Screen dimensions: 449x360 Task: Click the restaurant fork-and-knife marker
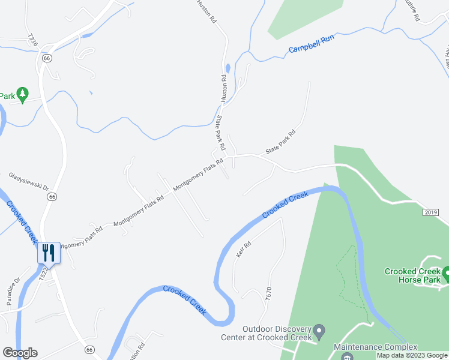(49, 253)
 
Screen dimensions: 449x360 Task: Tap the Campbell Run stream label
(311, 44)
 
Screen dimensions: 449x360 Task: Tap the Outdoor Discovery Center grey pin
(319, 331)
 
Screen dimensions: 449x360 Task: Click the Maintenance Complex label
(375, 347)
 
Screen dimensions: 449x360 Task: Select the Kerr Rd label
(243, 250)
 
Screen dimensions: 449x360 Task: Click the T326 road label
(32, 40)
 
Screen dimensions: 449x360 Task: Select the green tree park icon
(22, 94)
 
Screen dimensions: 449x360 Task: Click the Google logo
(20, 353)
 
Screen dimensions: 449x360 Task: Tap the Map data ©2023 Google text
(412, 355)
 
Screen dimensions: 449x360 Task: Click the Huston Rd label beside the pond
(224, 87)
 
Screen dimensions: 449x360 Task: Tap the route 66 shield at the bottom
(89, 349)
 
